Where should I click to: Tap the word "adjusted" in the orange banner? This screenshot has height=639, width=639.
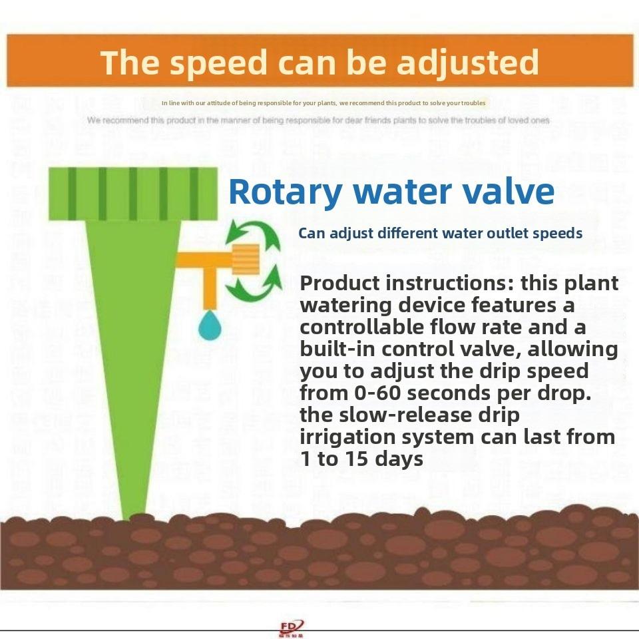click(467, 63)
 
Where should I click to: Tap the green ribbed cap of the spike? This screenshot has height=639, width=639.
click(133, 193)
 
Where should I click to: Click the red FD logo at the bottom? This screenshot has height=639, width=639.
click(292, 627)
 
